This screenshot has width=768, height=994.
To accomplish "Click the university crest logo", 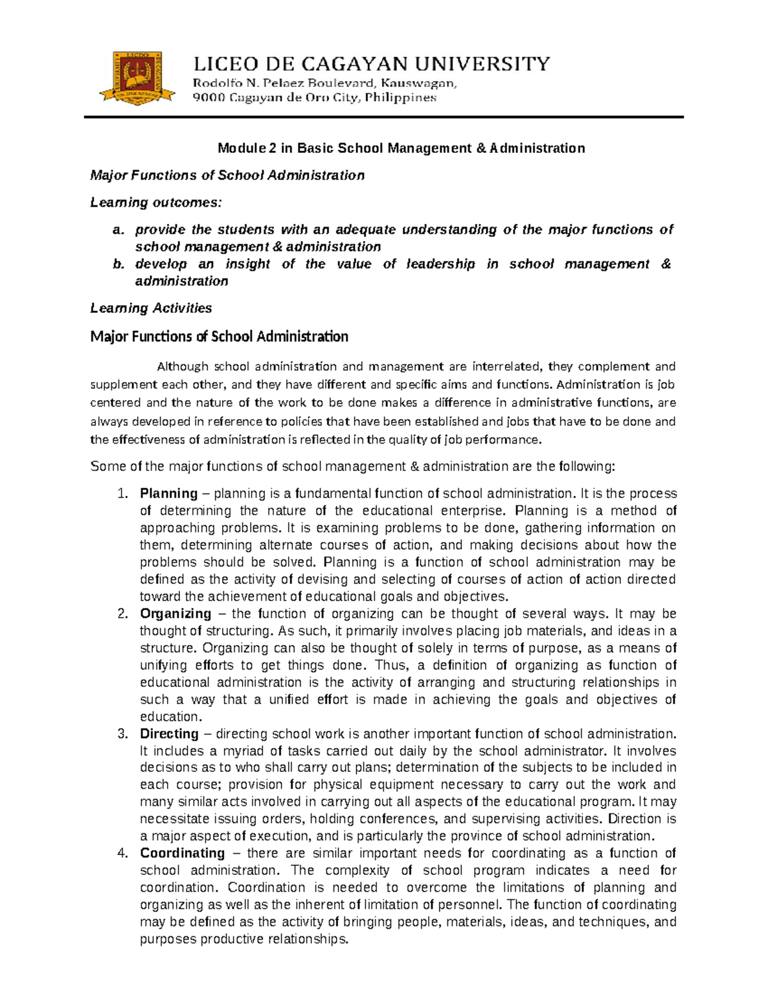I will (137, 78).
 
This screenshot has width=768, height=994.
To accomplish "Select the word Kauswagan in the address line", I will (422, 83).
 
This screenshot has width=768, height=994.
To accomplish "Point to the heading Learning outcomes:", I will (156, 202).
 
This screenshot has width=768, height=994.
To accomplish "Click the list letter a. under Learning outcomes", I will (118, 230).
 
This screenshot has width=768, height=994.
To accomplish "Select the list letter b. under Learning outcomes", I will (118, 264).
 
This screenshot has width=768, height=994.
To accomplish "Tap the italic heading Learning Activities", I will (151, 309).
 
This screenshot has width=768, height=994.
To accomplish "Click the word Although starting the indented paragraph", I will (183, 367).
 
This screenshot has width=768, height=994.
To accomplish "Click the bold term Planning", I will (169, 493).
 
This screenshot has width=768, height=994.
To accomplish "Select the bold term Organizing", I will (175, 613).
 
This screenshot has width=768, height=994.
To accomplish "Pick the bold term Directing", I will (170, 733).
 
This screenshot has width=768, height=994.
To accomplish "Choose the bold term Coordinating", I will (182, 853).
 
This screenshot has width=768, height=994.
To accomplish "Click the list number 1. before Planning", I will (124, 493).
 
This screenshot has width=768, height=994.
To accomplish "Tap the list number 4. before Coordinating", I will (124, 853).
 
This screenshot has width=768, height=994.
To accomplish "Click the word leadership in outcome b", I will (441, 264).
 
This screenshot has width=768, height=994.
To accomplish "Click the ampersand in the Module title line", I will (481, 148).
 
